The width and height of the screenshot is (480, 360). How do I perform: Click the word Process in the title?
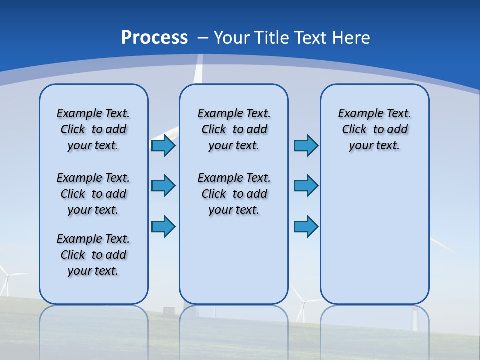click(x=154, y=38)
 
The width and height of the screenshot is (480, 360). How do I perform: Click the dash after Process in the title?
click(x=203, y=38)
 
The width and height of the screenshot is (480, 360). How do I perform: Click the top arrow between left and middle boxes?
click(x=163, y=146)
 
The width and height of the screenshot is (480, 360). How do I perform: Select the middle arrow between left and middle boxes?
click(x=163, y=186)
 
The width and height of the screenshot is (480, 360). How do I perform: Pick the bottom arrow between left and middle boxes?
click(x=163, y=227)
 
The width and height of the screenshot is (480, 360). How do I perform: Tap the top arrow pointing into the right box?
click(x=306, y=146)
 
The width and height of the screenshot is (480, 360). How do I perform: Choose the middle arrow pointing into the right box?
click(x=306, y=186)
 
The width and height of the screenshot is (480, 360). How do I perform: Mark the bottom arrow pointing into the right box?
click(x=306, y=227)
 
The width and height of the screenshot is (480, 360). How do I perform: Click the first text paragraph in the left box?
click(x=93, y=129)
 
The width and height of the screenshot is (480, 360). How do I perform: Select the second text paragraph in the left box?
click(x=93, y=194)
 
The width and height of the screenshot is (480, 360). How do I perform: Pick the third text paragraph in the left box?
click(x=93, y=255)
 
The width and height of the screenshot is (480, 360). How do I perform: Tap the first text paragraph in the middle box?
click(x=234, y=129)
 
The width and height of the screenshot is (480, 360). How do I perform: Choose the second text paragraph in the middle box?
click(x=234, y=194)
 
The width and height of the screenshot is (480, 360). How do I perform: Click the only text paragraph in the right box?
click(x=374, y=129)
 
